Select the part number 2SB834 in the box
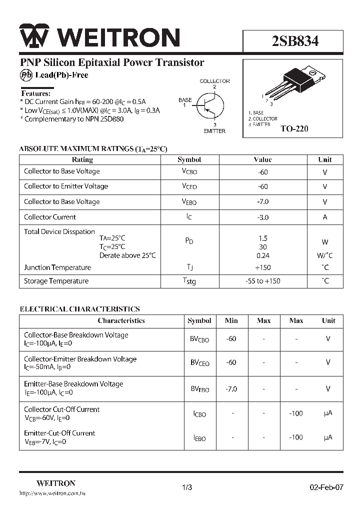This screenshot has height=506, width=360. click(295, 41)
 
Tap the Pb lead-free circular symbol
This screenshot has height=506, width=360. click(26, 75)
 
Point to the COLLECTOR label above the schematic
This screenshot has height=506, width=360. click(214, 81)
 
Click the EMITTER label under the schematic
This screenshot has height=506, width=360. click(214, 131)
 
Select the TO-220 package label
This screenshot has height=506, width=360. click(294, 128)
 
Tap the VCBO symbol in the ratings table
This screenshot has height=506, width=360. click(189, 171)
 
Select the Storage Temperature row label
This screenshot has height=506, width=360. click(56, 281)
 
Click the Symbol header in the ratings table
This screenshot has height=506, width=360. click(189, 159)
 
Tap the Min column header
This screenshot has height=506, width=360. click(231, 320)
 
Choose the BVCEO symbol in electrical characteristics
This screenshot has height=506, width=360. click(199, 363)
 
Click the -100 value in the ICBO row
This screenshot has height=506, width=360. click(296, 413)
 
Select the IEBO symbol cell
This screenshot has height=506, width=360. click(199, 438)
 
